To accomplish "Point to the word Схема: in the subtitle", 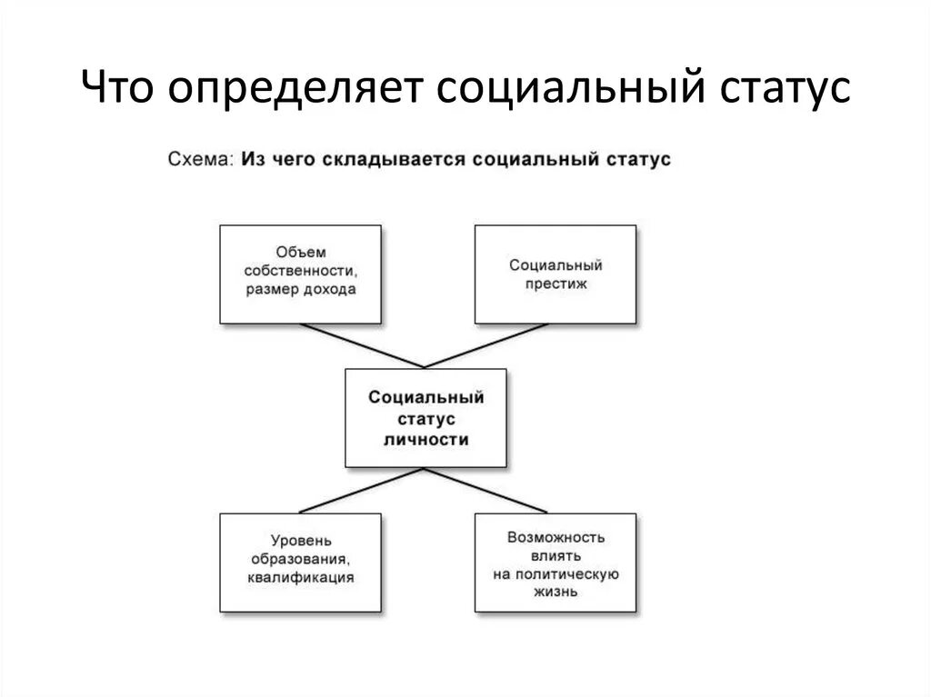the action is tap(202, 159).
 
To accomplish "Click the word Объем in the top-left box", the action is tap(301, 252).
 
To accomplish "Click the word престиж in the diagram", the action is tap(556, 284).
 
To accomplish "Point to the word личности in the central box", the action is tap(425, 439).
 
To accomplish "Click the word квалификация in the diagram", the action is tap(300, 576).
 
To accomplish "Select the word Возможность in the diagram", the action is tap(556, 537).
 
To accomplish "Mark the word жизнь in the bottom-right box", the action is tap(556, 592).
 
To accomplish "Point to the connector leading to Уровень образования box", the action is tap(362, 491).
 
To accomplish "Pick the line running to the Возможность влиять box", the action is tap(486, 491).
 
